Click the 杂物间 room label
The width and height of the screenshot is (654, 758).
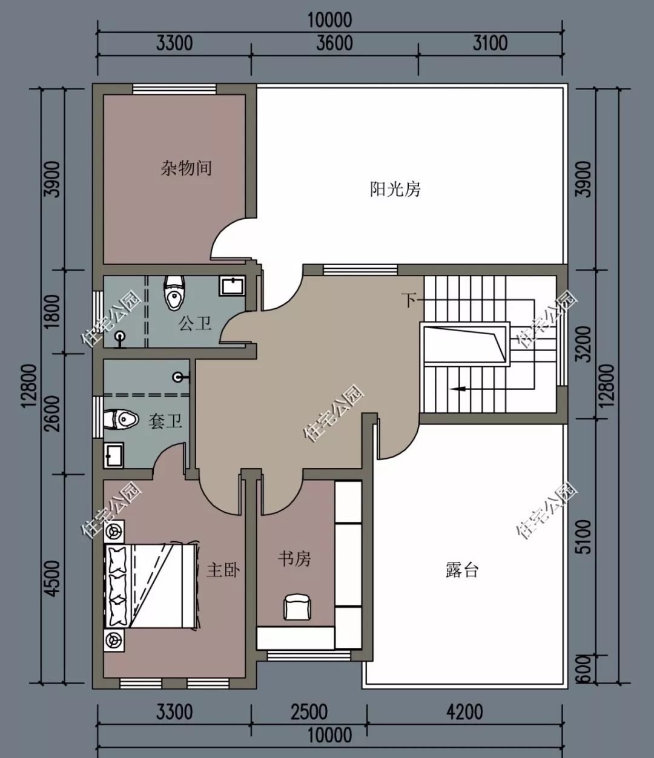pyautogui.click(x=186, y=168)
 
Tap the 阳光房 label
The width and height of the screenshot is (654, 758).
pyautogui.click(x=395, y=189)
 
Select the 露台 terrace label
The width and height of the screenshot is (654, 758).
pyautogui.click(x=461, y=570)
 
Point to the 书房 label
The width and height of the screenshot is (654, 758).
pyautogui.click(x=294, y=558)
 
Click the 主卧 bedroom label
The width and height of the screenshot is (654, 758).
pyautogui.click(x=223, y=570)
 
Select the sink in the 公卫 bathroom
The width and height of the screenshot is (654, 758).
pyautogui.click(x=233, y=286)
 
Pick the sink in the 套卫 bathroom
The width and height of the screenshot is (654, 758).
pyautogui.click(x=113, y=455)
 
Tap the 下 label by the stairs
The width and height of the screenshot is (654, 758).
pyautogui.click(x=411, y=299)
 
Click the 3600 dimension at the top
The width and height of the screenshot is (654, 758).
pyautogui.click(x=334, y=44)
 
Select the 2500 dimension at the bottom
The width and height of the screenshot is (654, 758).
pyautogui.click(x=309, y=712)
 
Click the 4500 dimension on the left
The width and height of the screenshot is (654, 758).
pyautogui.click(x=53, y=579)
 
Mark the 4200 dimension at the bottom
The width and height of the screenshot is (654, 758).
pyautogui.click(x=464, y=712)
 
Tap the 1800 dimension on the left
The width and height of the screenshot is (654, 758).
pyautogui.click(x=53, y=311)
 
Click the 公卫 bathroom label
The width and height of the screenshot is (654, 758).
pyautogui.click(x=195, y=323)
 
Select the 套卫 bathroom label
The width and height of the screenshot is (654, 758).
pyautogui.click(x=165, y=421)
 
